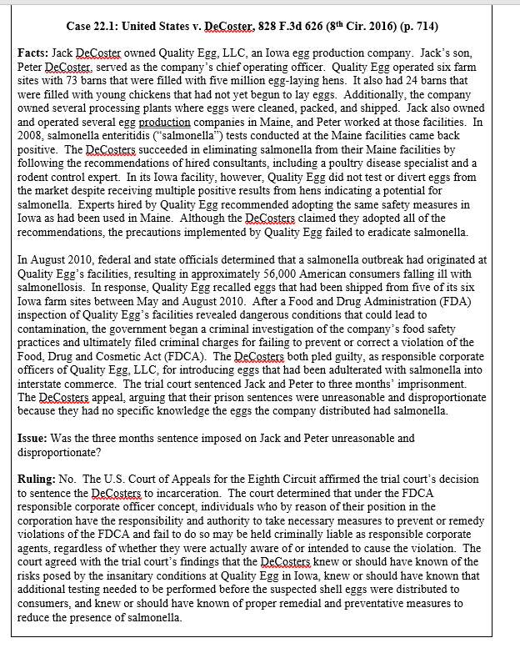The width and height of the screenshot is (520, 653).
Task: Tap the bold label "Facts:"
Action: point(34,53)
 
